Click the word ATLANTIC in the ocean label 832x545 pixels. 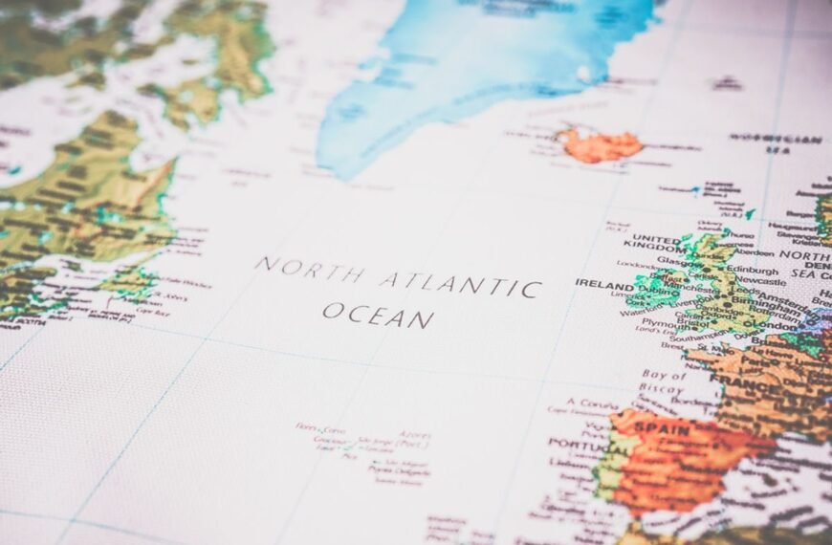461,283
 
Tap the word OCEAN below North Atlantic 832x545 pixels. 378,313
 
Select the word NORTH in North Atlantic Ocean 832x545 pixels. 308,269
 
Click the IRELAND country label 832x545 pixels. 604,285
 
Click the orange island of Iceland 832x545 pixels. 602,145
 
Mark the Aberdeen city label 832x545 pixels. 755,251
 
